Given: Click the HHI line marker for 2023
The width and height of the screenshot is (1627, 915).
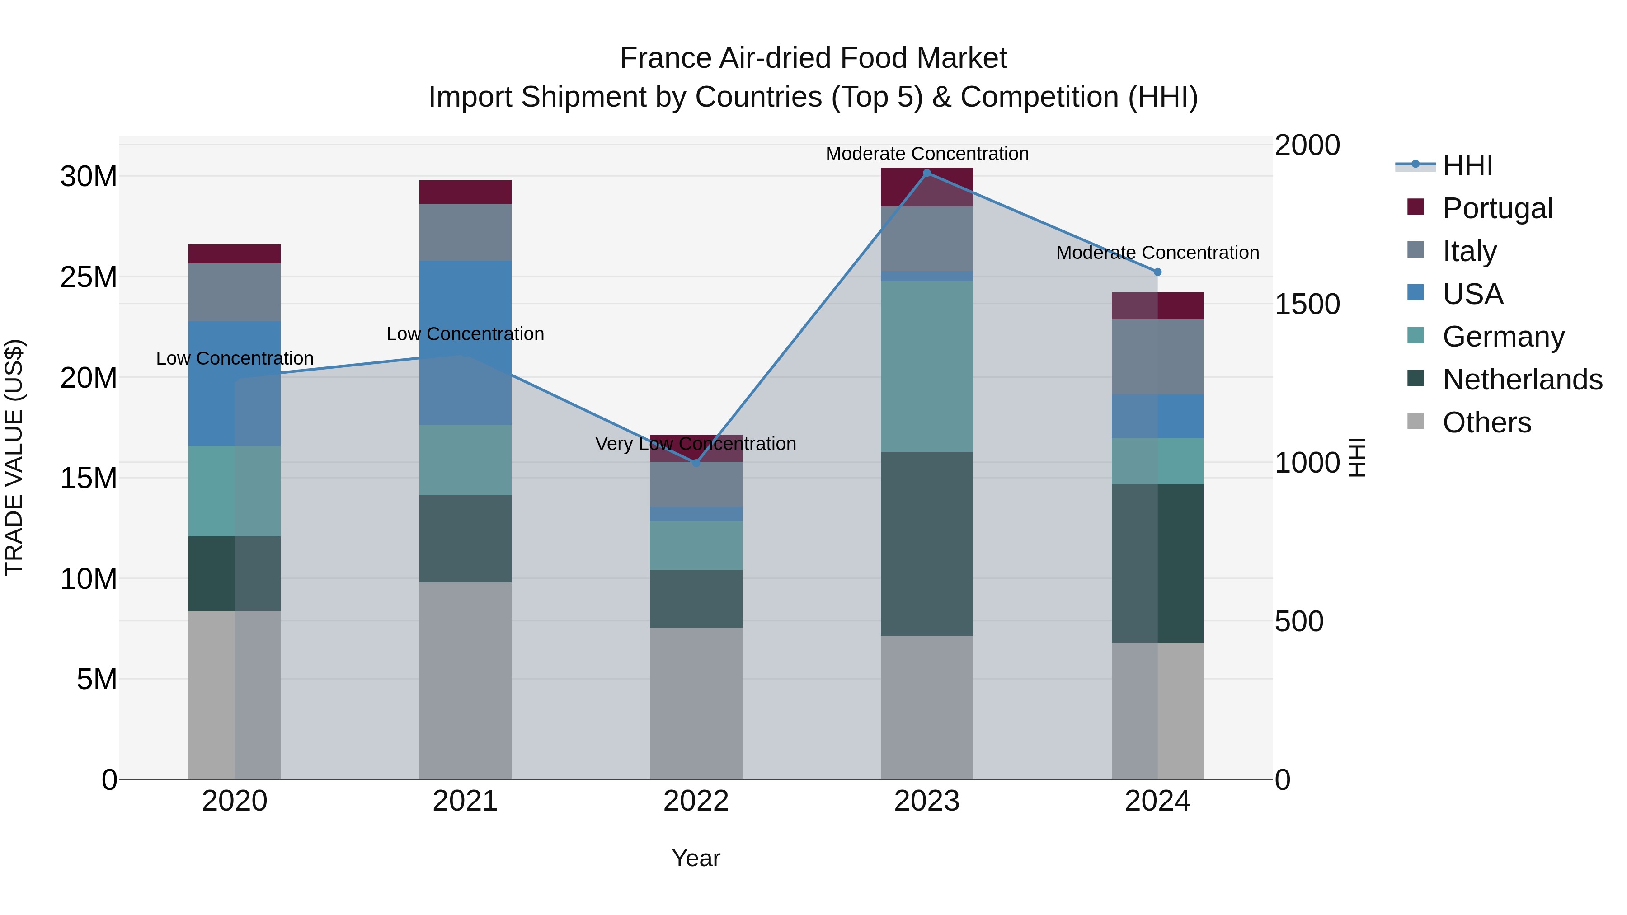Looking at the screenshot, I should pyautogui.click(x=926, y=173).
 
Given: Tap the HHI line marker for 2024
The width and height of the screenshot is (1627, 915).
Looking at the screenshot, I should pyautogui.click(x=1157, y=272).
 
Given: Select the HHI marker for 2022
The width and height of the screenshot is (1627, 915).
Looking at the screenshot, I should pyautogui.click(x=696, y=463).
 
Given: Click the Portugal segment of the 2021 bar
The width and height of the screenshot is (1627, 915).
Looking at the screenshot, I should pyautogui.click(x=465, y=192).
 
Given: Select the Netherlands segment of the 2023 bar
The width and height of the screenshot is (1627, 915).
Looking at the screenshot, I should pyautogui.click(x=926, y=543).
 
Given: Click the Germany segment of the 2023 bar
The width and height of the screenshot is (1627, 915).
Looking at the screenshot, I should pyautogui.click(x=926, y=366).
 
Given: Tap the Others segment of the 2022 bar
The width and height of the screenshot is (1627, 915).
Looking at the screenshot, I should pyautogui.click(x=696, y=703).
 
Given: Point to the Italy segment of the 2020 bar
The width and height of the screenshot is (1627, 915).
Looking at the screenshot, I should pyautogui.click(x=234, y=292).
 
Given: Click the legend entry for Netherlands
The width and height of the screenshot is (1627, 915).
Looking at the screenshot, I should pyautogui.click(x=1522, y=380).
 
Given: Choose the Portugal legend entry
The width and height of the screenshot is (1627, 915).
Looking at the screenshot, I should pyautogui.click(x=1497, y=208).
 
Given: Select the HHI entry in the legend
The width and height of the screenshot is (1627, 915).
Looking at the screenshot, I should pyautogui.click(x=1467, y=165).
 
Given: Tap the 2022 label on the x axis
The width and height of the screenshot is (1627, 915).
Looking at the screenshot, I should pyautogui.click(x=696, y=801).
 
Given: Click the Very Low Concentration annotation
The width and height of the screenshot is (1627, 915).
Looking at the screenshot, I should pyautogui.click(x=696, y=444).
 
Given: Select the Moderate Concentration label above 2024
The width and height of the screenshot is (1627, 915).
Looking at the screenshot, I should pyautogui.click(x=1157, y=253).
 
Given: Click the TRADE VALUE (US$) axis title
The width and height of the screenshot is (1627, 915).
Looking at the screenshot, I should pyautogui.click(x=14, y=457).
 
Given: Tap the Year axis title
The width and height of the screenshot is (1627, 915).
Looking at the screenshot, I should pyautogui.click(x=696, y=858).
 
